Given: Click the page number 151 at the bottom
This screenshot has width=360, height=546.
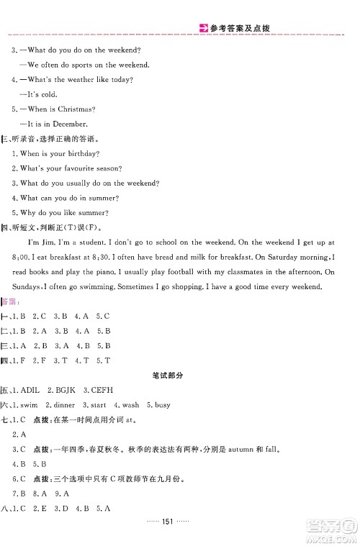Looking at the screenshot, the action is (179, 531).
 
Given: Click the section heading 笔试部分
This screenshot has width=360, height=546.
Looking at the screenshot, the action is (179, 375).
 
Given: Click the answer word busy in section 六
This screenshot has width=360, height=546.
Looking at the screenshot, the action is (163, 404).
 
